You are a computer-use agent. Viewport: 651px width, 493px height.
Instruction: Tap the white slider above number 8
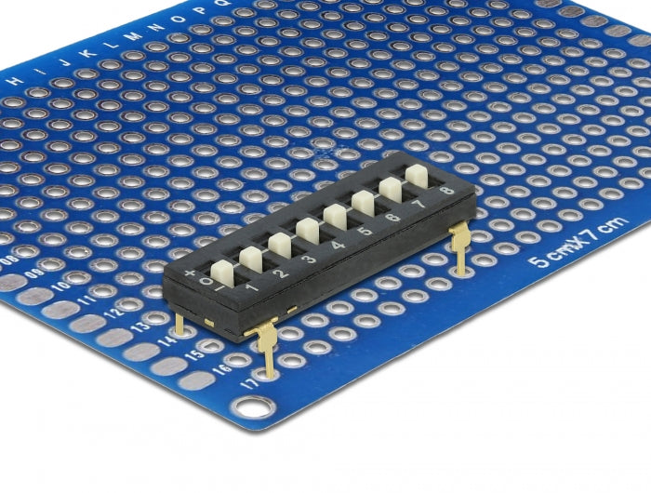point(417,175)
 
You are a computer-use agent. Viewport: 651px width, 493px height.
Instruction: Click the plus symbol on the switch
point(191,273)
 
